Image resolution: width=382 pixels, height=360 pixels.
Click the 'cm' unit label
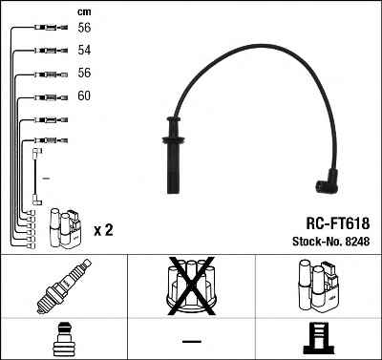tap(84, 12)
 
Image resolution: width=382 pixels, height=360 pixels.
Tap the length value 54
tap(84, 50)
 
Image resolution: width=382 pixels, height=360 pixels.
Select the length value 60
tap(84, 95)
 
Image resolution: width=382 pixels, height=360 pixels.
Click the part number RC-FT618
tap(338, 223)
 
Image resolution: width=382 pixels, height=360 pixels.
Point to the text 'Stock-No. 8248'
tap(331, 242)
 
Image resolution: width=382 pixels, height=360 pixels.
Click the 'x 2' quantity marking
tap(103, 230)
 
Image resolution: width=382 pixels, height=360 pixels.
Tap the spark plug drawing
tap(64, 286)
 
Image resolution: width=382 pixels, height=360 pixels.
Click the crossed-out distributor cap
tap(192, 286)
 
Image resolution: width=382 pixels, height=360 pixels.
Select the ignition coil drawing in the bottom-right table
tap(319, 286)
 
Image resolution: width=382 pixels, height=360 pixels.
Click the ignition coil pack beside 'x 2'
tap(66, 228)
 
